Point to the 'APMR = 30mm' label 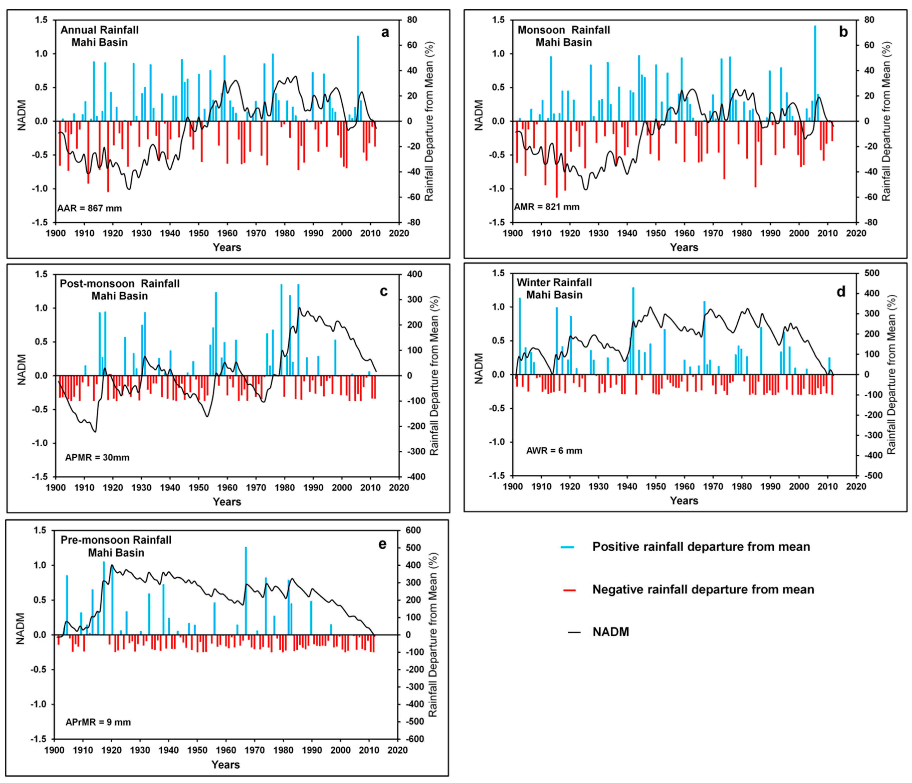click(x=97, y=458)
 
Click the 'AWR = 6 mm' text click(x=554, y=451)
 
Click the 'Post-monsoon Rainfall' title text click(x=120, y=284)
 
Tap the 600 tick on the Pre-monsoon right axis click(x=413, y=530)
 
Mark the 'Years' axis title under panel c click(x=227, y=502)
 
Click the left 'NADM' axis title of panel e click(x=20, y=628)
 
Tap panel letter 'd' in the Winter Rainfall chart click(x=841, y=292)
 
